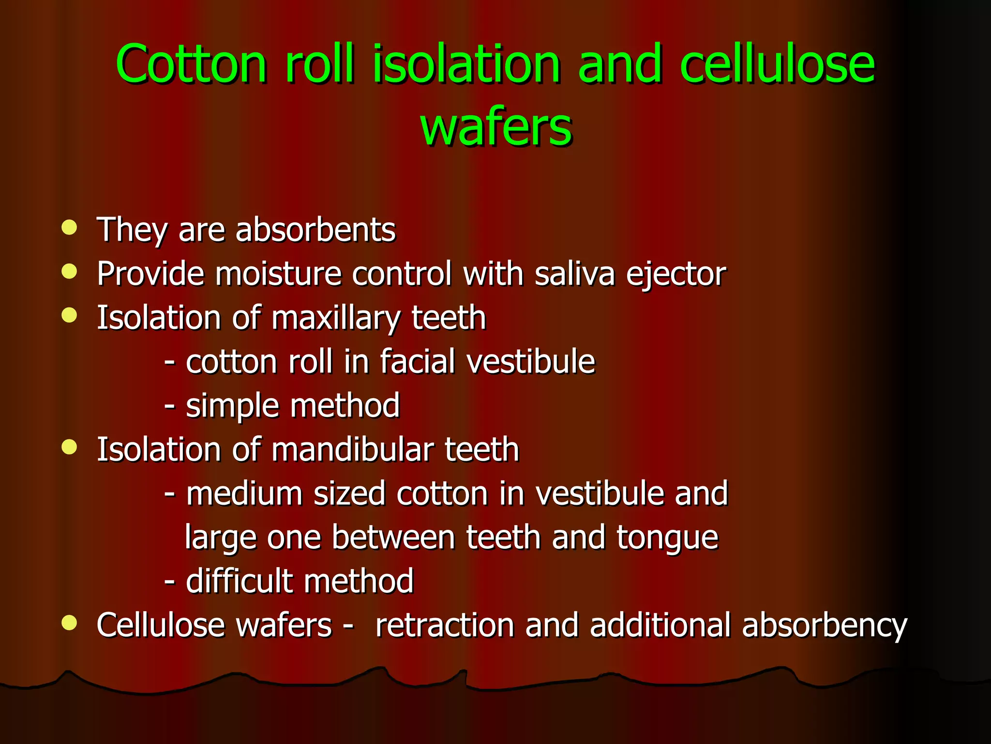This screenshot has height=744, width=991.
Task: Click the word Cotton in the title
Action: point(191,64)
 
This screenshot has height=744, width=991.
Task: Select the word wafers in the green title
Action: point(496,127)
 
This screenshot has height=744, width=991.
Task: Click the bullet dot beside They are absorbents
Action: point(70,228)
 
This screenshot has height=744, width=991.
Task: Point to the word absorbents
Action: point(315,230)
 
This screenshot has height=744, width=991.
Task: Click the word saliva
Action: point(575,274)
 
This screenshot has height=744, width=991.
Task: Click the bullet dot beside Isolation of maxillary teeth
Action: point(70,316)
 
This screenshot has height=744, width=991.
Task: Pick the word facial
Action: point(418,362)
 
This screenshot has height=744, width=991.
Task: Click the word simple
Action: point(232,406)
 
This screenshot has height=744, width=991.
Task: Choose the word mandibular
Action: point(352,449)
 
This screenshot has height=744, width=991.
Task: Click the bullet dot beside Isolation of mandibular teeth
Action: point(70,447)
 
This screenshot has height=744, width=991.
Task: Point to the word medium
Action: point(244,494)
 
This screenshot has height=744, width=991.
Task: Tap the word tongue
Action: point(667,538)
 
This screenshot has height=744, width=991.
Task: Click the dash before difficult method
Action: point(169,581)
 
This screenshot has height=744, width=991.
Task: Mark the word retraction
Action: point(445,625)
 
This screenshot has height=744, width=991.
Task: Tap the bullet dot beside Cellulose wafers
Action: point(70,623)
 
